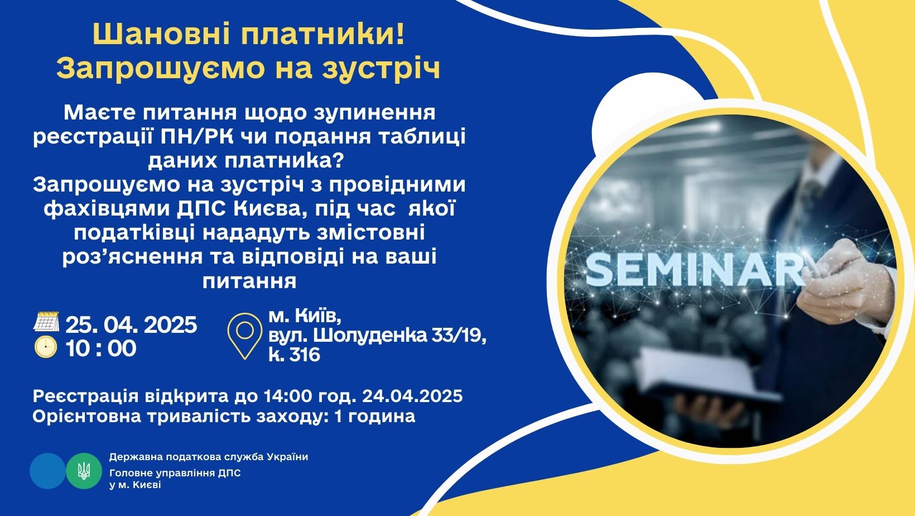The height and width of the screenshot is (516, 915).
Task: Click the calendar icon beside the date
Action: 46,321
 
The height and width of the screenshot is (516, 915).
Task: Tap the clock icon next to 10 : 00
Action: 46,347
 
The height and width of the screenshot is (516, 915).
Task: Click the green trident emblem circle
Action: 84,471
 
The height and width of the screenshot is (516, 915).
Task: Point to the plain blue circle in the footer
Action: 48,471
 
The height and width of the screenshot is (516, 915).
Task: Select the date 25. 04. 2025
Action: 131,325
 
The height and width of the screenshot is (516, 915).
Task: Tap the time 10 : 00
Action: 101,348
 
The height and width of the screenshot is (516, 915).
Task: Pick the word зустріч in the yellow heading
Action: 382,68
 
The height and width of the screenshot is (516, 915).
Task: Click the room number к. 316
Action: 294,354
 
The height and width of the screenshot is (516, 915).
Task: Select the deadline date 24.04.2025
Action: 412,396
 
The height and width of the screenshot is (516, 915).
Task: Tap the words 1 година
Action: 374,416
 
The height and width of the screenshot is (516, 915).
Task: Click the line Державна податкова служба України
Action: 209,457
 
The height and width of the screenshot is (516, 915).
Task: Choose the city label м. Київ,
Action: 305,316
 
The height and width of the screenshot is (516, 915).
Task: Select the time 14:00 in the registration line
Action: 288,396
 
